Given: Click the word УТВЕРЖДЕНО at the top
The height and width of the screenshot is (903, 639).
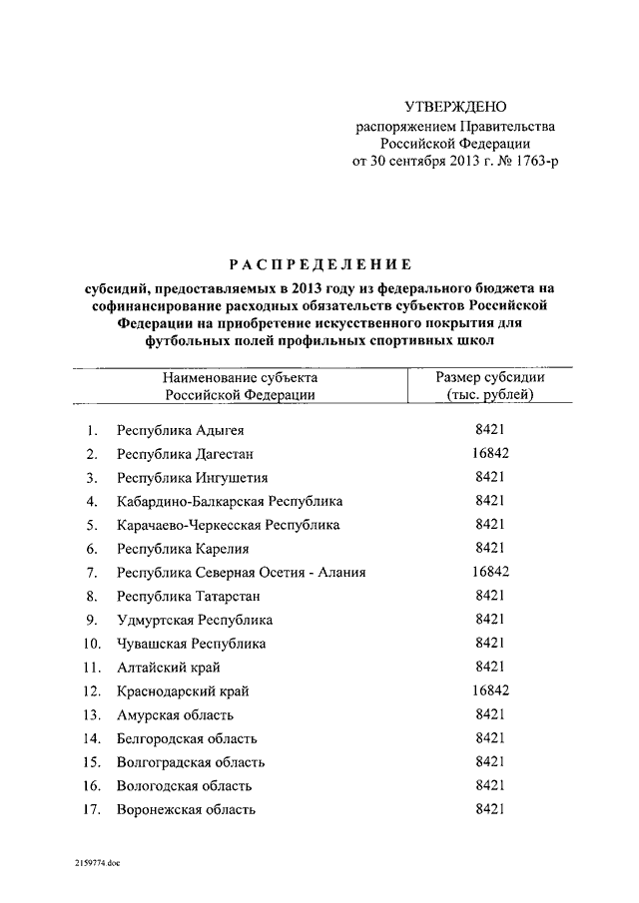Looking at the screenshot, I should [x=455, y=107].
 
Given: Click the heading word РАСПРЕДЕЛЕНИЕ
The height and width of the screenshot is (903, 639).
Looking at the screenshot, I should [x=319, y=264].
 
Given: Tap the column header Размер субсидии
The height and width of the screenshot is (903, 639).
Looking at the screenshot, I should [x=490, y=378].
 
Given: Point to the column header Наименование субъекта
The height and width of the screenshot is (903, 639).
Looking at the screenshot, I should [x=241, y=378].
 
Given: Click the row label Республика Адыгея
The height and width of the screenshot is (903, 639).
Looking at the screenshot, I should [x=180, y=431].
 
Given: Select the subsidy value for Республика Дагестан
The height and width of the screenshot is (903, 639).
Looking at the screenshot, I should [x=490, y=454].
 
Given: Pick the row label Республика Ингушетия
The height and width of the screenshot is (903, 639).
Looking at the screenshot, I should [x=192, y=478].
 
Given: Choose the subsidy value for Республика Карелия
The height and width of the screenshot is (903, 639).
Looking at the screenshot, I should [x=490, y=548].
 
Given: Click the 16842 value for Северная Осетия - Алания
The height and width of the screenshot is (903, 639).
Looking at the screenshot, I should [x=490, y=572].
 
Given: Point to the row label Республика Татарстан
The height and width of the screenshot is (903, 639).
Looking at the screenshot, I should [x=188, y=596].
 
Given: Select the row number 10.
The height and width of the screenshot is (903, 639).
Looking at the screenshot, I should [x=91, y=644].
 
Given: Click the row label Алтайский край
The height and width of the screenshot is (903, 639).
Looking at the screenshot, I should [x=168, y=667].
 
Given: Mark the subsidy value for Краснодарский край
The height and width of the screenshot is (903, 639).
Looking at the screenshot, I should [x=490, y=689].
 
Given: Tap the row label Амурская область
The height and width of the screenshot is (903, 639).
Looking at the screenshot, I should [x=175, y=714].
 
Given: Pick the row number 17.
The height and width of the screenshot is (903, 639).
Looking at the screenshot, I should [x=91, y=809].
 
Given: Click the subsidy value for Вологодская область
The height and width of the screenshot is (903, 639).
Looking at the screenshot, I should [x=490, y=784].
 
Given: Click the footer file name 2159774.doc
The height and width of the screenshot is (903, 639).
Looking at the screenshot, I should [x=95, y=859].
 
